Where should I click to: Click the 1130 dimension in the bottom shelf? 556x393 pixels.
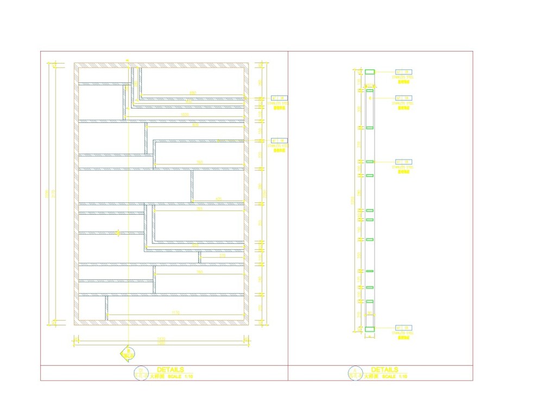click(x=175, y=312)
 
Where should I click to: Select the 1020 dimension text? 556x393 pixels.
click(x=185, y=115)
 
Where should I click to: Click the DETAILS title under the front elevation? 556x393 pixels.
click(x=170, y=370)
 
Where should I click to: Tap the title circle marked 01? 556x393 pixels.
click(x=141, y=372)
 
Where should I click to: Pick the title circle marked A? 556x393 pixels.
click(x=355, y=372)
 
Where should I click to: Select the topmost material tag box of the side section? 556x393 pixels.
click(x=403, y=72)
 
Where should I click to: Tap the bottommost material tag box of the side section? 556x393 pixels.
click(x=403, y=327)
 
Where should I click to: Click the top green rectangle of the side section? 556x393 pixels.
click(x=370, y=72)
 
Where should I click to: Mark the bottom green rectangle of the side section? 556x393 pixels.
click(x=370, y=328)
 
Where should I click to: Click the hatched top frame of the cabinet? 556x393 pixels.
click(x=161, y=65)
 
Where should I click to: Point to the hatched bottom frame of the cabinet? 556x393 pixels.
click(x=161, y=322)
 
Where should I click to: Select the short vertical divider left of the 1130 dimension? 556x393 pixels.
click(x=106, y=307)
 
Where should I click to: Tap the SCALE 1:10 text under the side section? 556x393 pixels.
click(x=394, y=376)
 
